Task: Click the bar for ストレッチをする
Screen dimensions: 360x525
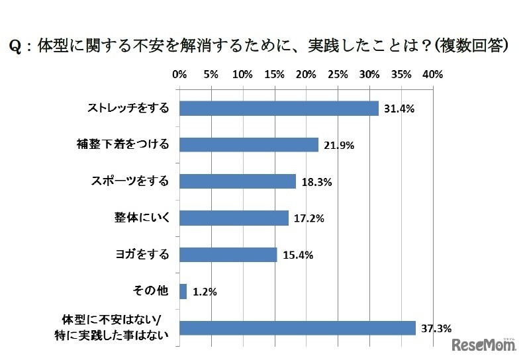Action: [x=279, y=109]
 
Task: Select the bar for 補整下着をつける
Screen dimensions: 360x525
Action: [x=249, y=145]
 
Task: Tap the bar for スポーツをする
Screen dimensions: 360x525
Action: [x=237, y=181]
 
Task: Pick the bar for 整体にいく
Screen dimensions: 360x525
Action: [x=234, y=218]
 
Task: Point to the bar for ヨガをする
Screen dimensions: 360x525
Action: [x=228, y=254]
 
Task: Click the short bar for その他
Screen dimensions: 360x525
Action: [x=183, y=291]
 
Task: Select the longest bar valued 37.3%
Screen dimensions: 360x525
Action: [x=297, y=328]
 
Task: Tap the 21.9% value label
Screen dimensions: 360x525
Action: [x=338, y=146]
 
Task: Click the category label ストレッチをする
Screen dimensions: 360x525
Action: [x=128, y=109]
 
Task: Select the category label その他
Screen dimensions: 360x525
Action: [x=156, y=291]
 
